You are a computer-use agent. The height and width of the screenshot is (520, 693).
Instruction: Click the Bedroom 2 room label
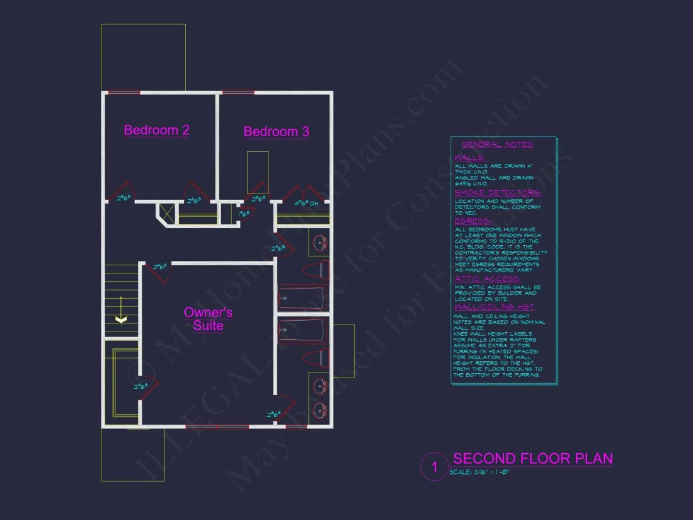click(156, 130)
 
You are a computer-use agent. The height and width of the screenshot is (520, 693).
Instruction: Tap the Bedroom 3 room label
click(276, 132)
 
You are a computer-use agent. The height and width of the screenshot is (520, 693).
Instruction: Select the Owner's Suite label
click(208, 319)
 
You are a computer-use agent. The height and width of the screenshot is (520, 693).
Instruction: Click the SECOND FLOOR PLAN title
click(532, 459)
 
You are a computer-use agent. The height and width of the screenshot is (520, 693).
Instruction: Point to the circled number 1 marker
click(434, 468)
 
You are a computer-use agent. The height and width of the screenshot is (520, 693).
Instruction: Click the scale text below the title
click(479, 472)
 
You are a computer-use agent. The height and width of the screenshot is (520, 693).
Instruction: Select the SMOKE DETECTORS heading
click(498, 193)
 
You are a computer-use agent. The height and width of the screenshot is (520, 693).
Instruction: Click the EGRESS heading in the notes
click(472, 221)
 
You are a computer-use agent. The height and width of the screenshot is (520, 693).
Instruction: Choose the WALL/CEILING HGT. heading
click(495, 307)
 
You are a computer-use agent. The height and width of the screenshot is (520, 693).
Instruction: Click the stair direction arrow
click(121, 320)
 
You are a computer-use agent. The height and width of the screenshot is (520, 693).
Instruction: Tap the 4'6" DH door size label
click(306, 204)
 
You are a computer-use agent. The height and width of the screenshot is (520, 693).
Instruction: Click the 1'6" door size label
click(244, 214)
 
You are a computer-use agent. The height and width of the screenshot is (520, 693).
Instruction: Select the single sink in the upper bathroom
click(320, 242)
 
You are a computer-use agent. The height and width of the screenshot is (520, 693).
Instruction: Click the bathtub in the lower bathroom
click(302, 330)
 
